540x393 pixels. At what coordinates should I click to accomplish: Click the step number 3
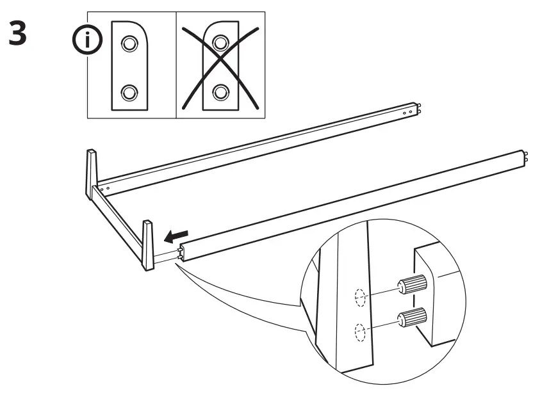click(18, 35)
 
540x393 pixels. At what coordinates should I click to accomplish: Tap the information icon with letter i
click(87, 41)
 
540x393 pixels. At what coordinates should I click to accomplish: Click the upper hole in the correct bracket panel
click(130, 43)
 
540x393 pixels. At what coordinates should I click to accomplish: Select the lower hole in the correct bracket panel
click(130, 92)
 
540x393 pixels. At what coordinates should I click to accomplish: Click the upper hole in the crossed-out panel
click(220, 43)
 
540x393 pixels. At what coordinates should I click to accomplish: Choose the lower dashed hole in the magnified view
click(359, 332)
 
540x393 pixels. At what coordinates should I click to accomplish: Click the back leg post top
click(91, 154)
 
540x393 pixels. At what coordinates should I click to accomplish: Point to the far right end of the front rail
click(525, 156)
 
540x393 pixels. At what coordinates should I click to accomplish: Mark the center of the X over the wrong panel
click(220, 66)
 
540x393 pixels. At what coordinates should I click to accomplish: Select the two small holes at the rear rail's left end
click(106, 188)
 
